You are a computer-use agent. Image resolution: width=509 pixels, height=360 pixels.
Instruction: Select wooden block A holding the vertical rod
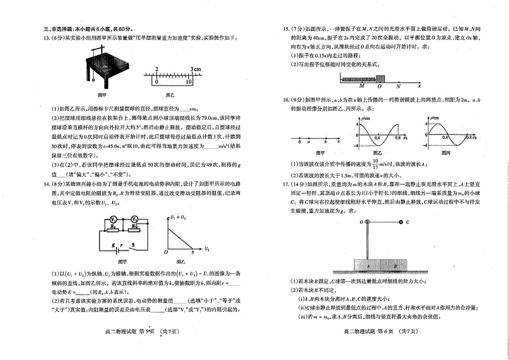[x=368, y=265]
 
